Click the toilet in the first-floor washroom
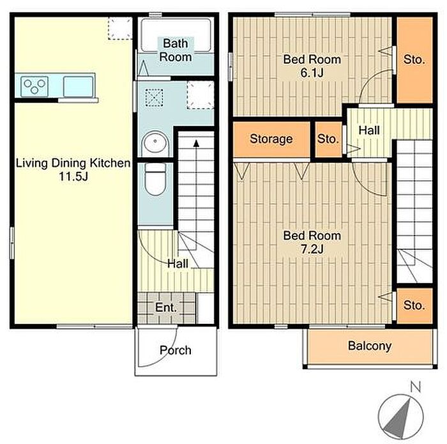tap(155, 179)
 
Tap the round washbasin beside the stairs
tap(155, 142)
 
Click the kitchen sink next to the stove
tap(78, 86)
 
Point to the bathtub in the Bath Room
tap(176, 34)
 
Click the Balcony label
tap(370, 346)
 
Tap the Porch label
tap(176, 350)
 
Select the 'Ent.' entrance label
tap(166, 308)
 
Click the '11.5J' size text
tap(73, 176)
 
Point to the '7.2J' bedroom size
tap(312, 250)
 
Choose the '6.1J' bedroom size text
tap(312, 73)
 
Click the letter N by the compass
tap(415, 387)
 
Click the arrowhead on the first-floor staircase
tap(196, 143)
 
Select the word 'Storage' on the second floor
tap(271, 139)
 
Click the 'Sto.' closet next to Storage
tap(328, 139)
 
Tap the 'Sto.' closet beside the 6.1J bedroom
tap(415, 60)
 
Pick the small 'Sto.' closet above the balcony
tap(415, 306)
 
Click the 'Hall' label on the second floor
tap(369, 130)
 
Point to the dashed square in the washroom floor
tap(154, 97)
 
